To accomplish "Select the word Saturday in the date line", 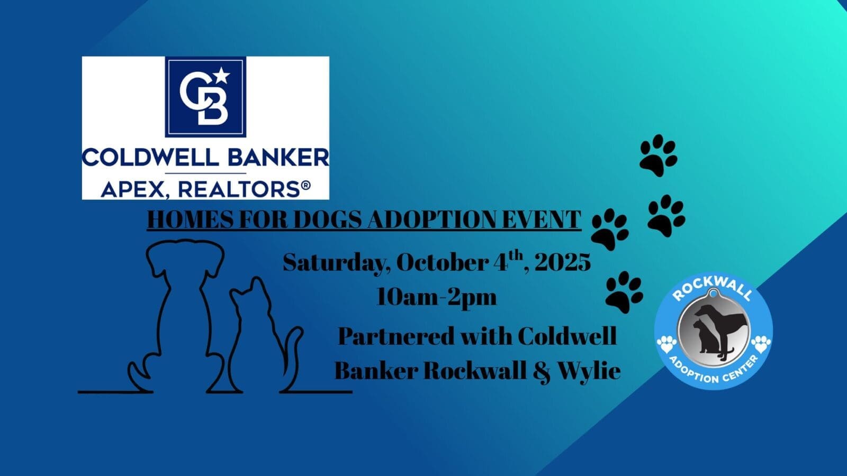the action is click(337, 263).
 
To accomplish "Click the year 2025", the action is click(563, 262).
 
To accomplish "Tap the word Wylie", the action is click(590, 371).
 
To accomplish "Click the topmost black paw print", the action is click(659, 155).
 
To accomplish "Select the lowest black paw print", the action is click(624, 291).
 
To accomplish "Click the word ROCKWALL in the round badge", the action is click(712, 292).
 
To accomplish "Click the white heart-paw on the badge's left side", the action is click(666, 344).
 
